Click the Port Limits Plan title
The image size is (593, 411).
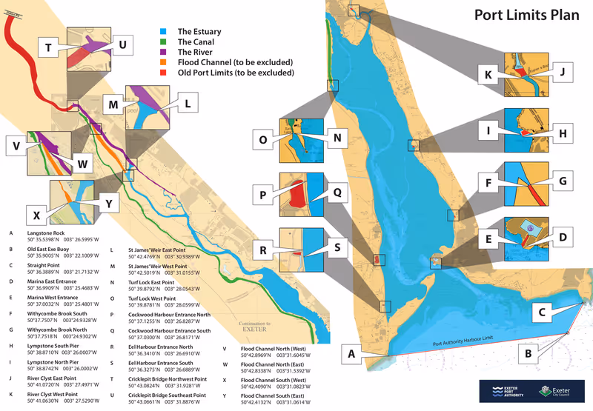pos(526,16)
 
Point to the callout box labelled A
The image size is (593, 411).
pos(352,354)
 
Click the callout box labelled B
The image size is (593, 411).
pos(527,354)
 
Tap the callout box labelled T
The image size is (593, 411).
pos(48,48)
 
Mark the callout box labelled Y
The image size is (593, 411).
pos(108,203)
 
